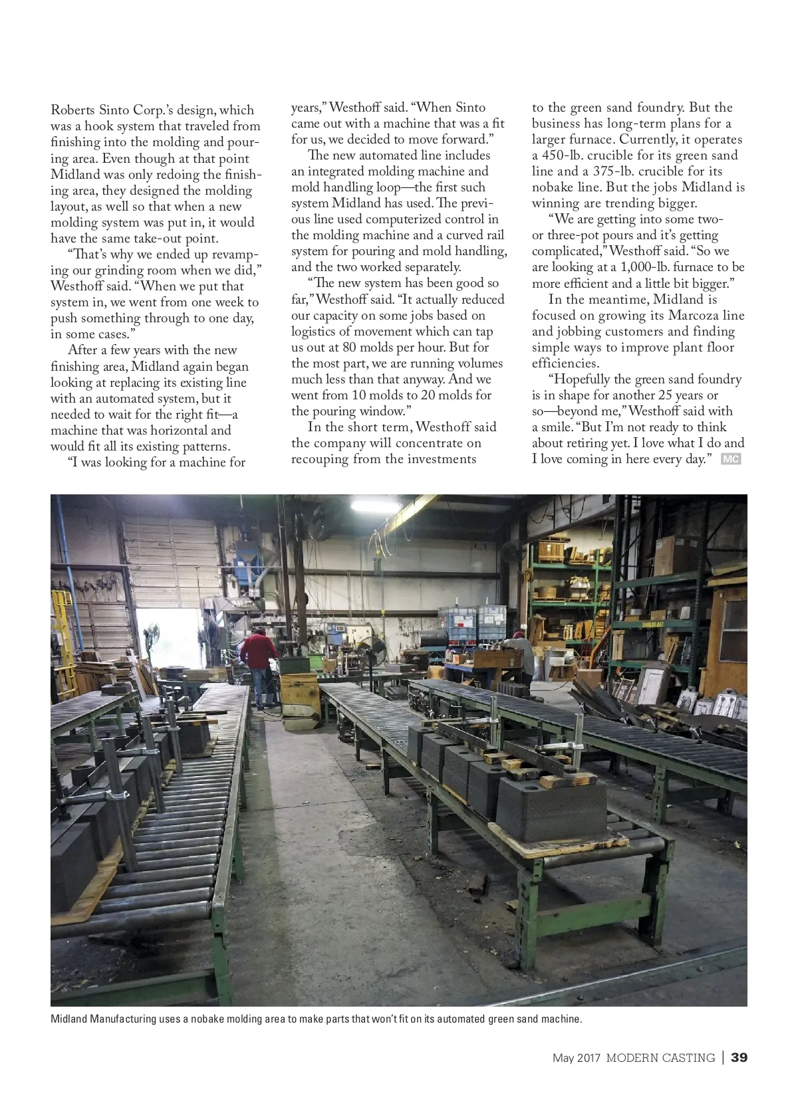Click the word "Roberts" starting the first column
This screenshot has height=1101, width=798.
[x=72, y=110]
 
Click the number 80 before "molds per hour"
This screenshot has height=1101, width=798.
[x=349, y=348]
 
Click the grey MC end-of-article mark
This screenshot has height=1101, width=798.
[x=731, y=459]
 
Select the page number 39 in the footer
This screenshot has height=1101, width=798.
[x=739, y=1058]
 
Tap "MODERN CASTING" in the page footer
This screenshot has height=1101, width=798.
[x=660, y=1058]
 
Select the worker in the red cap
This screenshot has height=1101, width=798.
[x=519, y=654]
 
